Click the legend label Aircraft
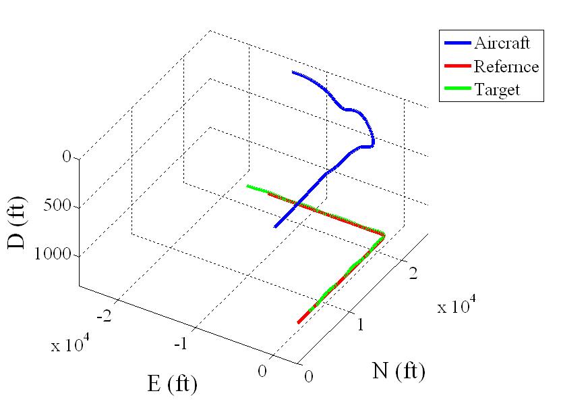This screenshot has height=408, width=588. point(502,43)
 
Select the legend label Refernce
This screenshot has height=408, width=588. point(506,66)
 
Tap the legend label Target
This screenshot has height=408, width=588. point(497,89)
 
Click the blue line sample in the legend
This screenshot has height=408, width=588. point(457,44)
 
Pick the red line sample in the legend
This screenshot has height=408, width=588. point(457,67)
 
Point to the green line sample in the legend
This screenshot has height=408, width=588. point(457,89)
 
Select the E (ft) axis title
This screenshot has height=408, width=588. point(172,384)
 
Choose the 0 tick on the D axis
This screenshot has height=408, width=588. point(66,157)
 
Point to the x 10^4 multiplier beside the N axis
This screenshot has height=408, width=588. point(457,307)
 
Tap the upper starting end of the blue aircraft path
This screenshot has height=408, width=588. point(293,72)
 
